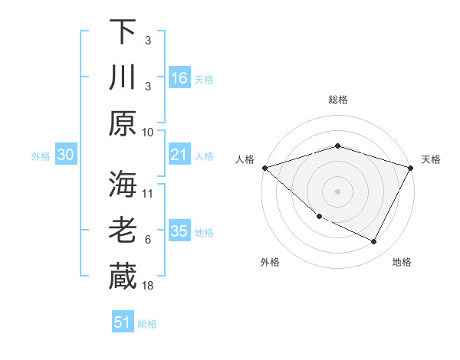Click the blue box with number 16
click(x=179, y=77)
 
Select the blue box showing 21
click(x=179, y=155)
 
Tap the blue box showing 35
click(x=179, y=231)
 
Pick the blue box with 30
click(x=65, y=155)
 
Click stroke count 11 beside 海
click(x=148, y=193)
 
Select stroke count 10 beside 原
click(x=148, y=132)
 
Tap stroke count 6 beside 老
click(x=148, y=239)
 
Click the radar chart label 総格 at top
click(x=337, y=100)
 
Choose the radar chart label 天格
click(x=431, y=159)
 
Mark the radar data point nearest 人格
click(x=264, y=168)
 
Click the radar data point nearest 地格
click(x=374, y=242)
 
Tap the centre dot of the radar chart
click(x=337, y=191)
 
